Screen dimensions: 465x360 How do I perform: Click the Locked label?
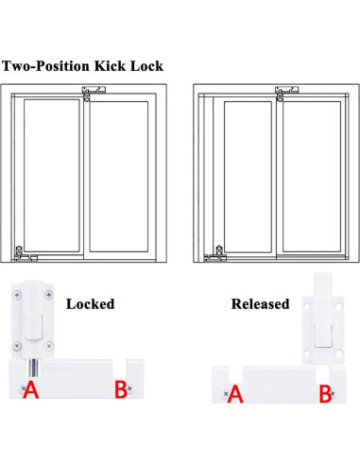pyautogui.click(x=90, y=303)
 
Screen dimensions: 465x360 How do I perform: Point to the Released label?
pyautogui.click(x=260, y=303)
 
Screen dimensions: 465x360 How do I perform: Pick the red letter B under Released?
pyautogui.click(x=324, y=394)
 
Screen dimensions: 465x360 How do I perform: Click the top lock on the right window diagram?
pyautogui.click(x=280, y=92)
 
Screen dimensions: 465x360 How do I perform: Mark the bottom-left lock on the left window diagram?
pyautogui.click(x=21, y=253)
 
